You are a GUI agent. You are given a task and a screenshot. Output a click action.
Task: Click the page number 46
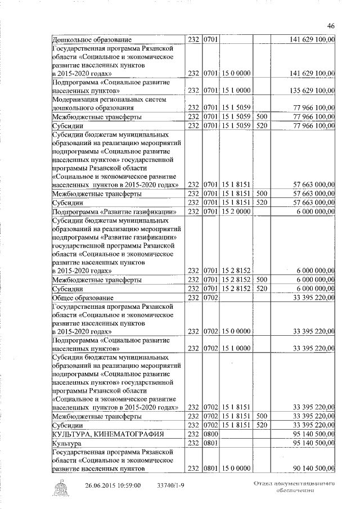coord(331,25)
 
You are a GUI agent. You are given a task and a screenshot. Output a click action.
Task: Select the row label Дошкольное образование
coord(92,40)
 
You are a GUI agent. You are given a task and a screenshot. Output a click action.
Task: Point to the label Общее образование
coord(83,298)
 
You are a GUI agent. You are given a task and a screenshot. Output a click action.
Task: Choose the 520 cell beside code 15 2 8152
coord(261,289)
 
